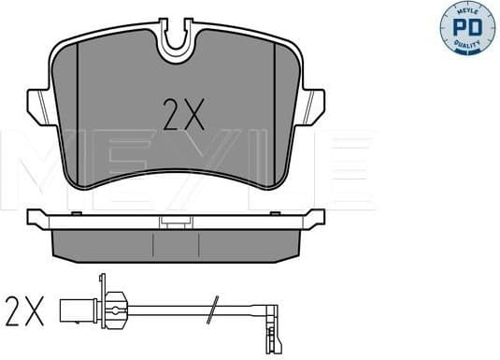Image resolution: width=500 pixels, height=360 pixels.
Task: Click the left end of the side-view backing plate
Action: tap(36, 218)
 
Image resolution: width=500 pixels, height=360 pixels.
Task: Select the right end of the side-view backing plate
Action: tap(316, 218)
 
